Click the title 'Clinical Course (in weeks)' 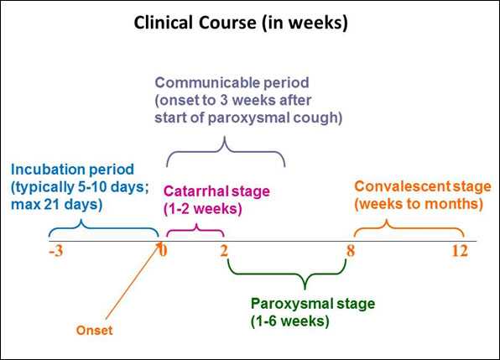pos(241,23)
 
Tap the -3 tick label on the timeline pos(56,252)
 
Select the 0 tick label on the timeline pos(164,251)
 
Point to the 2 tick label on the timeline pos(224,251)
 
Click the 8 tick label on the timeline pos(351,251)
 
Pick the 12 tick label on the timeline pos(460,251)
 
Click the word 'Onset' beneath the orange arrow pos(95,331)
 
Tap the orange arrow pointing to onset pos(133,281)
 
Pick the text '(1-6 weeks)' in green pos(290,321)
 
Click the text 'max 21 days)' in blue pos(57,205)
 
